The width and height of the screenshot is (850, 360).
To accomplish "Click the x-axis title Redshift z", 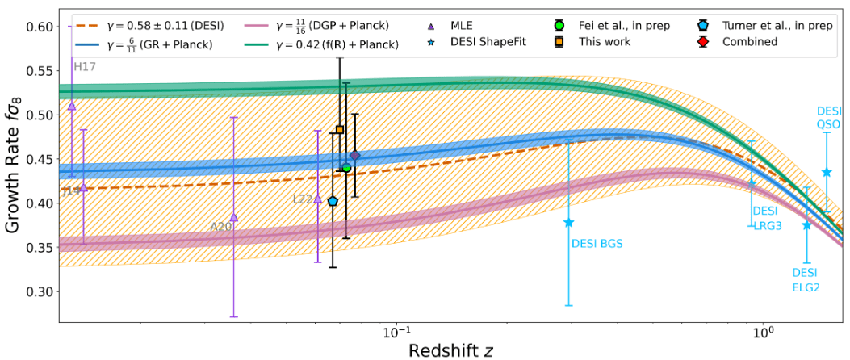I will [x=450, y=350].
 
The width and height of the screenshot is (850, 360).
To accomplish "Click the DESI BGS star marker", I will [x=569, y=222].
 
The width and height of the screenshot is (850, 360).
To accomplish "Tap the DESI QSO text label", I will [x=829, y=118].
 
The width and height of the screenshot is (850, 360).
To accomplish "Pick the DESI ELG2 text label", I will [x=806, y=280].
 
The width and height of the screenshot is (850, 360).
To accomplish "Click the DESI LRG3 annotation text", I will [x=768, y=218].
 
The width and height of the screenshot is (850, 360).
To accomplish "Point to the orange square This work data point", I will [x=340, y=130].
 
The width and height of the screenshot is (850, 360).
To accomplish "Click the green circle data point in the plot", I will [x=346, y=168].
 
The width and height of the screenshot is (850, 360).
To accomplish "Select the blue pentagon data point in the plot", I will [x=333, y=201].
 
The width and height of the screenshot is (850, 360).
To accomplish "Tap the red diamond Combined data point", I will [x=354, y=155].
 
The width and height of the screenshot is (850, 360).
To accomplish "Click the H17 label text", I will [x=85, y=66].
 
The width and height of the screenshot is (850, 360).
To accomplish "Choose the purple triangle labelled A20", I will [x=234, y=217].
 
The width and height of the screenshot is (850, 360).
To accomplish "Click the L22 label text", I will [x=303, y=199].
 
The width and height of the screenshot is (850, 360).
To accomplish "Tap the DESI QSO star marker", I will [x=827, y=172].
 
